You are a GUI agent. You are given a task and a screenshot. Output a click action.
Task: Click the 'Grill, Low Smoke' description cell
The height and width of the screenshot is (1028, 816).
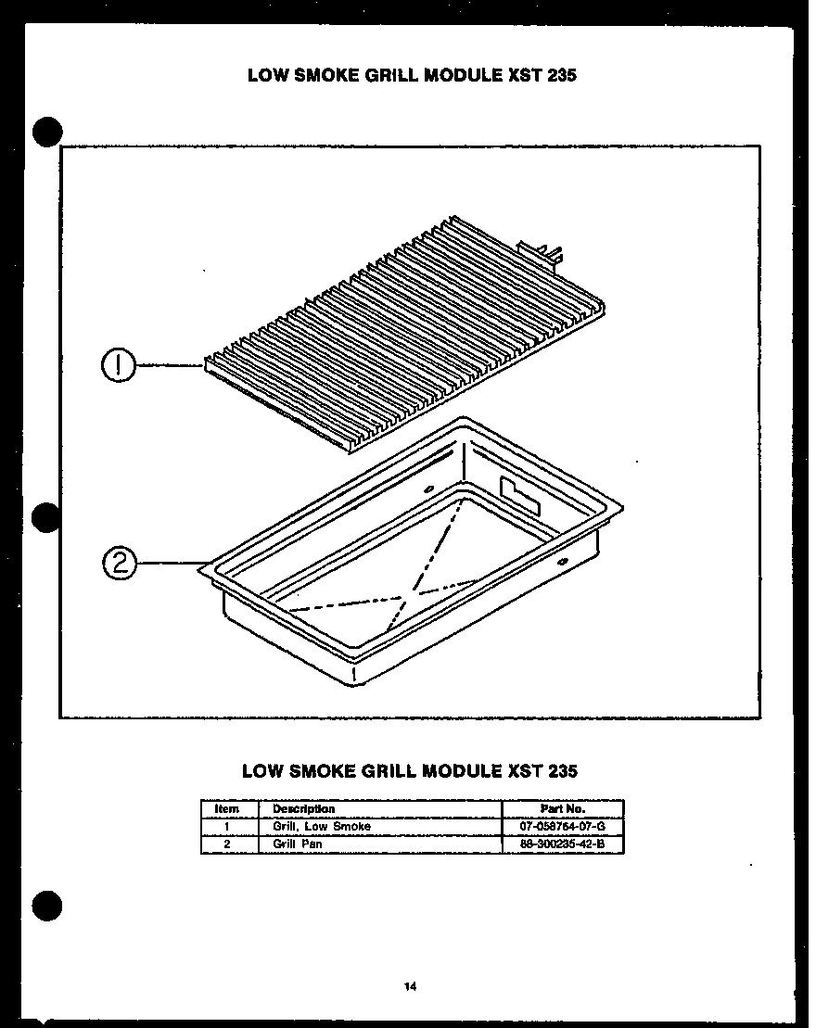click(x=321, y=826)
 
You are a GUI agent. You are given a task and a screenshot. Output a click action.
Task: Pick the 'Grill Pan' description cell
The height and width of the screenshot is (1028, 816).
click(x=297, y=844)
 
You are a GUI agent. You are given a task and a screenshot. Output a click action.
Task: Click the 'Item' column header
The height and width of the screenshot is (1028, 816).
click(x=227, y=808)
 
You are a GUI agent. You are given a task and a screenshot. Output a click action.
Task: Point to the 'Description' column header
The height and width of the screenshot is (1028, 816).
click(x=303, y=808)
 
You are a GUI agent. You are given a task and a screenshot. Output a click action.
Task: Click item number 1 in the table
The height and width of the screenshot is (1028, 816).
click(x=227, y=826)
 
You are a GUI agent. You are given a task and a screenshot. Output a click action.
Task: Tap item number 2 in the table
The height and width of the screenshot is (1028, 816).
click(x=227, y=844)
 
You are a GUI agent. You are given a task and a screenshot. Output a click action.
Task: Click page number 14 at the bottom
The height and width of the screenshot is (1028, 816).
click(x=409, y=986)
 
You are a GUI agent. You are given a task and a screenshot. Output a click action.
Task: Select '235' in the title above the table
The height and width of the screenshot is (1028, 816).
click(x=563, y=770)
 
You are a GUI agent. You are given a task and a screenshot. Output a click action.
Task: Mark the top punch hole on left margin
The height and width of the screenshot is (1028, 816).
click(x=48, y=133)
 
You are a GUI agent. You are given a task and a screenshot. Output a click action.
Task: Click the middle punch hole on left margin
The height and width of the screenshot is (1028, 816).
click(x=48, y=518)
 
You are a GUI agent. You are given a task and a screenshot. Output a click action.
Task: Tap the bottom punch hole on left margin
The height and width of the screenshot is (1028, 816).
click(x=48, y=903)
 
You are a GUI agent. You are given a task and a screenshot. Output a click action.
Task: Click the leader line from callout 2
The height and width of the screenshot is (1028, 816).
click(x=172, y=563)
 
